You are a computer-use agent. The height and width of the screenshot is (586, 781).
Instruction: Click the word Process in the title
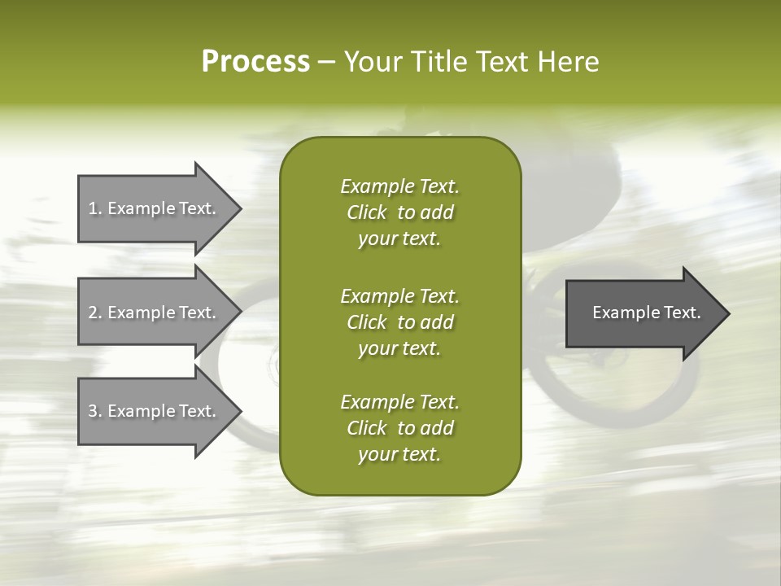click(x=255, y=62)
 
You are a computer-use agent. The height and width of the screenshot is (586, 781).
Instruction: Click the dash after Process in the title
click(x=327, y=63)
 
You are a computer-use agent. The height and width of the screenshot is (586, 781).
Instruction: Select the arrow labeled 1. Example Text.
click(x=155, y=208)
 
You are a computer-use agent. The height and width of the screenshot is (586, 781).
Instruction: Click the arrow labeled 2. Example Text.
click(x=155, y=313)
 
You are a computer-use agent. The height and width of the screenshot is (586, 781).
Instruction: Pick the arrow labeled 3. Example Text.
click(x=155, y=411)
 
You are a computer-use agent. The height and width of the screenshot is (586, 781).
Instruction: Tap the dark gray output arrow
click(x=643, y=313)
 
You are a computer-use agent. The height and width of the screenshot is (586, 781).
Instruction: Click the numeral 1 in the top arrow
click(x=93, y=208)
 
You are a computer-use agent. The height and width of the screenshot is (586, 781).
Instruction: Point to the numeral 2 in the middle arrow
click(x=93, y=313)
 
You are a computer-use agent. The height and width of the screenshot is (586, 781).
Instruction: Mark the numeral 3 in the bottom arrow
click(x=93, y=411)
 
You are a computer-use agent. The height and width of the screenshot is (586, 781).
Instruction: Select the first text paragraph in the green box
click(x=399, y=212)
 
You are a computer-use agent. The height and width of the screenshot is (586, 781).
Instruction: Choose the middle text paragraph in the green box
click(x=399, y=321)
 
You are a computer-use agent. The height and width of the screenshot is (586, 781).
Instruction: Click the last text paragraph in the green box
click(x=399, y=428)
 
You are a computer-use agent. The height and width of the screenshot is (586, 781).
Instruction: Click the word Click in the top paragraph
click(x=367, y=212)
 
